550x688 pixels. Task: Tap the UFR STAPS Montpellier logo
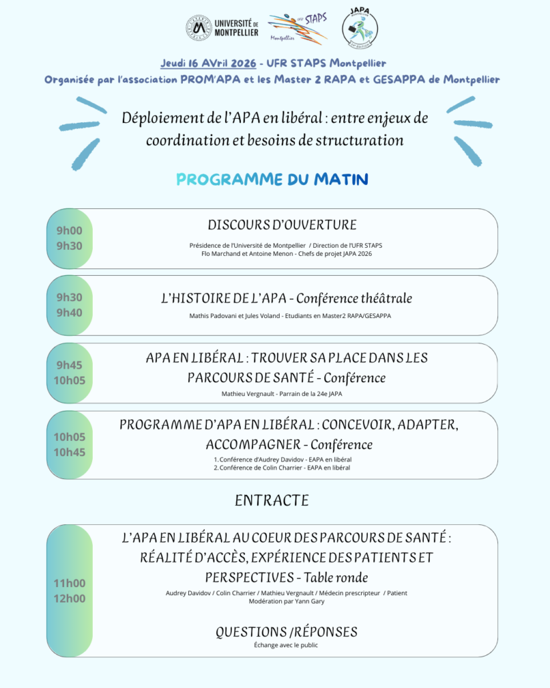(298, 29)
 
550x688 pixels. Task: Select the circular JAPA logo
(360, 28)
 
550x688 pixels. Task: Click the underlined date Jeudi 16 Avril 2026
(208, 63)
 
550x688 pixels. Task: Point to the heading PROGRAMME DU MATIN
(272, 179)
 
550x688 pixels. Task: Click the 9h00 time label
(69, 230)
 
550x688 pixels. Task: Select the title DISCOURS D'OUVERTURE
(282, 224)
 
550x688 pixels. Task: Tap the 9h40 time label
(69, 313)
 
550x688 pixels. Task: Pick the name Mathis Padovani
(208, 315)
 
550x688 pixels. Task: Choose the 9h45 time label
(69, 365)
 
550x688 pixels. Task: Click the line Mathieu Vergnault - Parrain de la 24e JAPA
(282, 393)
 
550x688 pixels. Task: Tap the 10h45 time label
(69, 452)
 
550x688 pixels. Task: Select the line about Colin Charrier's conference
(282, 468)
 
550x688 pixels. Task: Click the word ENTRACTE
(272, 500)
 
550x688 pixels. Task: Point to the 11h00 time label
(69, 583)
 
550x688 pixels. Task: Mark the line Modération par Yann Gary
(286, 601)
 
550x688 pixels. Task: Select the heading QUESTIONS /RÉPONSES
(286, 632)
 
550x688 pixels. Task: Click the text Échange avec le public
(286, 645)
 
